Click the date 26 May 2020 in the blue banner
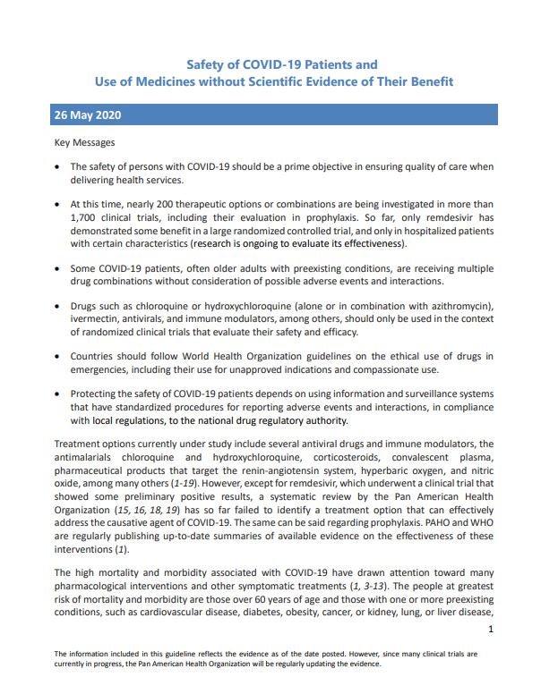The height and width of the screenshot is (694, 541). [88, 116]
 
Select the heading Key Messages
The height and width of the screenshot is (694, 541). [85, 142]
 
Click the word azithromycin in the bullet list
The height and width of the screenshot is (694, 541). [448, 308]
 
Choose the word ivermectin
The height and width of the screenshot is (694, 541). [96, 320]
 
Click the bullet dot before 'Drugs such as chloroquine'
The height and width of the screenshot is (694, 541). [58, 308]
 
